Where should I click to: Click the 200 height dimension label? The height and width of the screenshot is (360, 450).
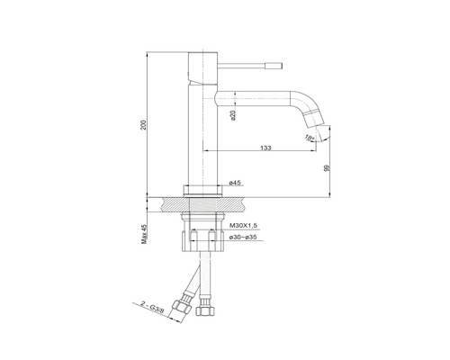[144, 125]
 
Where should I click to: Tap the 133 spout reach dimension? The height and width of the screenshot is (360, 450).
[265, 148]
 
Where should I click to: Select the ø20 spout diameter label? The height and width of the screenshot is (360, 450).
[234, 115]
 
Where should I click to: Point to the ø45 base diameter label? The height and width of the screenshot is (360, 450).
[235, 183]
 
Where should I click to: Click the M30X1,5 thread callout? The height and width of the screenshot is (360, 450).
[242, 225]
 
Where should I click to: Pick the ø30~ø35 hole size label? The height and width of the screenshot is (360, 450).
[243, 237]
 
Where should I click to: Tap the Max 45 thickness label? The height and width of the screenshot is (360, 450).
[144, 234]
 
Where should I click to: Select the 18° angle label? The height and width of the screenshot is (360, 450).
[309, 138]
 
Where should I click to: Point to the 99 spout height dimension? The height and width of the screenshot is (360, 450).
[328, 168]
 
